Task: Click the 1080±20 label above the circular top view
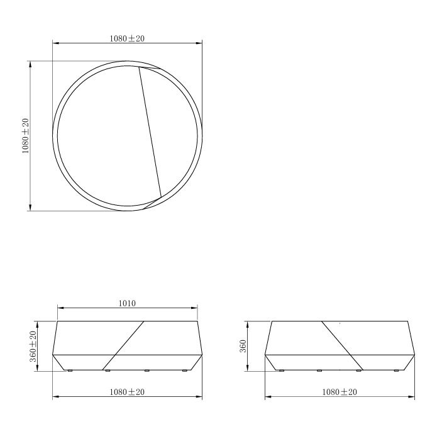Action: pos(127,38)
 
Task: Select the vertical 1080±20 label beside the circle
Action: pos(25,136)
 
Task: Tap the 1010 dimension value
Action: pos(127,303)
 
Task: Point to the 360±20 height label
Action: pos(33,347)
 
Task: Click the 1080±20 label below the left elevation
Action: pos(127,392)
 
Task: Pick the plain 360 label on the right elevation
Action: pos(243,346)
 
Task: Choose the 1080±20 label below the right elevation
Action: pos(340,392)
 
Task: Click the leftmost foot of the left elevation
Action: pos(70,370)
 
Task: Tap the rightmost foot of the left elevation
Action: pos(185,370)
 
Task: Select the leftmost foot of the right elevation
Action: pos(282,370)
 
